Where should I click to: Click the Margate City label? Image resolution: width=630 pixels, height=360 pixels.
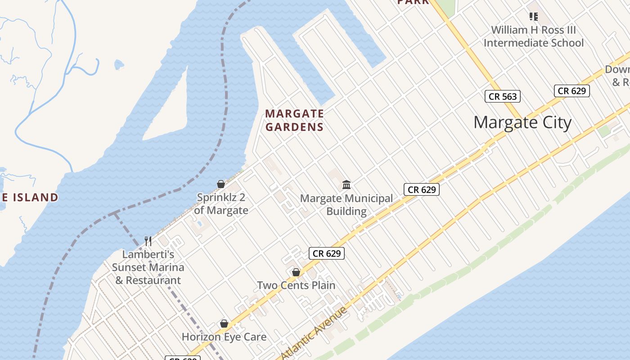(x=522, y=122)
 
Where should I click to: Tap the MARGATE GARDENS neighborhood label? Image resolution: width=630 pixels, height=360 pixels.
(x=294, y=120)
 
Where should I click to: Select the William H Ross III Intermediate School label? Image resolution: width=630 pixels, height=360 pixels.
(x=533, y=36)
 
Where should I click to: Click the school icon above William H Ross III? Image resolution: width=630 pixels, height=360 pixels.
(x=534, y=17)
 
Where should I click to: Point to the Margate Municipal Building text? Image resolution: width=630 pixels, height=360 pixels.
(x=346, y=205)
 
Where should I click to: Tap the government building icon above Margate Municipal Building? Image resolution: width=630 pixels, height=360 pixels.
(x=346, y=184)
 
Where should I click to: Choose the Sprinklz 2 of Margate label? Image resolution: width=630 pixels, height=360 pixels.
(x=221, y=204)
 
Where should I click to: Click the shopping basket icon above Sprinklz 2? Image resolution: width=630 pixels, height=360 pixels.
(x=221, y=184)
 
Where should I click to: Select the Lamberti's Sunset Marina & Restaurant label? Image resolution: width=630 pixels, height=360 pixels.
(x=148, y=267)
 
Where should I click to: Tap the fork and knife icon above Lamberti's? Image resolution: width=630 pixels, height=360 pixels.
(x=148, y=241)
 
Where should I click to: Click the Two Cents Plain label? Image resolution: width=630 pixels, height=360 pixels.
(x=296, y=285)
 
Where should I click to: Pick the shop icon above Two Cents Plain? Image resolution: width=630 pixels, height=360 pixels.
(x=296, y=272)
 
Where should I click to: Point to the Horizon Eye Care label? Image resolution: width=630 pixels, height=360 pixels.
(x=224, y=337)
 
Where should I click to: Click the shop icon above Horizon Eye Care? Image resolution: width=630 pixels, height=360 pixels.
(x=224, y=324)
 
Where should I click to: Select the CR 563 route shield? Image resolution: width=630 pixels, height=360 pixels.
(x=503, y=96)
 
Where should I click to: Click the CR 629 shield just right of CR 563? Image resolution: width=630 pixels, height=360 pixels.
(x=571, y=91)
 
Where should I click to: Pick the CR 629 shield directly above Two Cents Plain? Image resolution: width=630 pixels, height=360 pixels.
(x=327, y=253)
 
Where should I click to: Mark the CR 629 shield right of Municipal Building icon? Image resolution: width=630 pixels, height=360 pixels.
(x=421, y=189)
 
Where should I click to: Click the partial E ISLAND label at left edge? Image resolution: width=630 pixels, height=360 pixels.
(x=29, y=197)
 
